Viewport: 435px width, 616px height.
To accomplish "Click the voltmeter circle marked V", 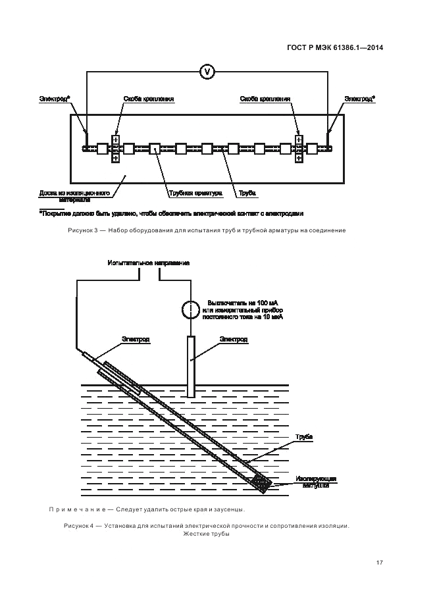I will [207, 71].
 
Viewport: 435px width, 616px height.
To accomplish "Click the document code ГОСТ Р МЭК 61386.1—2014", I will [336, 47].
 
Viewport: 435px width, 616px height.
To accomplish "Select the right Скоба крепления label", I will [265, 99].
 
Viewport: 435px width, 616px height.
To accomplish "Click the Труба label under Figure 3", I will [247, 193].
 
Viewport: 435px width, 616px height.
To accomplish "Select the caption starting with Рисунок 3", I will [206, 230].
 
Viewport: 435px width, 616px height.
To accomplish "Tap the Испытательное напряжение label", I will [149, 263].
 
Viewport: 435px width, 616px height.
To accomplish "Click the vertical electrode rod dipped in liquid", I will [191, 366].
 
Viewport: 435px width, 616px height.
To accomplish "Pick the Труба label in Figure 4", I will [303, 437].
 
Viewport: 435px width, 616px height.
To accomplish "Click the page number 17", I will [380, 562].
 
